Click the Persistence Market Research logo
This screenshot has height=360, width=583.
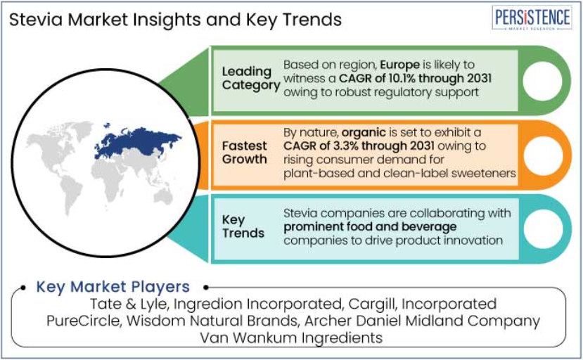point(532,18)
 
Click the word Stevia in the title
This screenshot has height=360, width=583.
point(36,20)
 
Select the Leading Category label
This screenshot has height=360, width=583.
point(251,78)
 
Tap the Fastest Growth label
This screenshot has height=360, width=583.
point(244,152)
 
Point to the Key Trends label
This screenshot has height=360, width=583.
point(243,226)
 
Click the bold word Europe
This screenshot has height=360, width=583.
point(399,65)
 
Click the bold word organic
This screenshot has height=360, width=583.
point(364,133)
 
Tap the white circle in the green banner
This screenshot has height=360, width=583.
point(542,81)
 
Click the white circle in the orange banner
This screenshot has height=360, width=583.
point(543,155)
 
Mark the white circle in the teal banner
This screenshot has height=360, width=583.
point(543,229)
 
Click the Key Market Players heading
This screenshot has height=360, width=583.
point(113,287)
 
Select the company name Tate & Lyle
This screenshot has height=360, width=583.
point(129,304)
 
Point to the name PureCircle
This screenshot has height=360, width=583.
point(84,321)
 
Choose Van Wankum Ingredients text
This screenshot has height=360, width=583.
point(291,338)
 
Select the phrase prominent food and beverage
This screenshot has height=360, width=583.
point(370,226)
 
